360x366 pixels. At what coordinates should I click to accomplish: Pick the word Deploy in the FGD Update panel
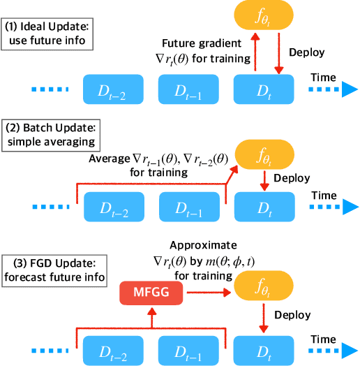click(291, 315)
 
